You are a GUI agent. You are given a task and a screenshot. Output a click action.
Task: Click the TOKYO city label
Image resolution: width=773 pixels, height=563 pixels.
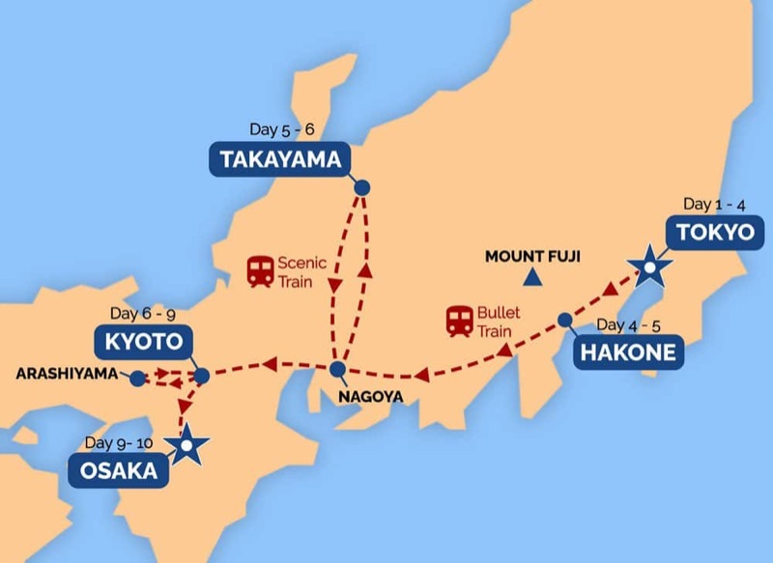coord(713,233)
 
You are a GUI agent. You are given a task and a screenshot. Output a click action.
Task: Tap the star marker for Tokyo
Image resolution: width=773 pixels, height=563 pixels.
coord(649,265)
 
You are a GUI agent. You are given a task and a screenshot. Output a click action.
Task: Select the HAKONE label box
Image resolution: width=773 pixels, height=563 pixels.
coord(627,352)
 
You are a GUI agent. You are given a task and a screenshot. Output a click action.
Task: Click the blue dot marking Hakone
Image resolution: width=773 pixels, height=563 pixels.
coord(564,319)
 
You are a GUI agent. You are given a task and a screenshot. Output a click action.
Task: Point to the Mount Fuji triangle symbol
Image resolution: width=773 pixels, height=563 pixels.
coord(530,278)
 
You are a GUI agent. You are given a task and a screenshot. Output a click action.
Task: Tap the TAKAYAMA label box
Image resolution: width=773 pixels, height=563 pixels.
coord(277,159)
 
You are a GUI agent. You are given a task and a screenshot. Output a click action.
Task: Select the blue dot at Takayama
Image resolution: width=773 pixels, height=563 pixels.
coord(362,188)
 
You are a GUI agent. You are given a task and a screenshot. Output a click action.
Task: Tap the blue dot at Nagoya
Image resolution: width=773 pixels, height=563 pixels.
coord(337,370)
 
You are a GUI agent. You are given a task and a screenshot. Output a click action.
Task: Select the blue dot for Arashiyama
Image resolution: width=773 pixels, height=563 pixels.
coord(138,377)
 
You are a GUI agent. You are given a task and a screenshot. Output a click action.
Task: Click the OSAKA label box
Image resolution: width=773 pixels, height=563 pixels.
coord(118,470)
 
